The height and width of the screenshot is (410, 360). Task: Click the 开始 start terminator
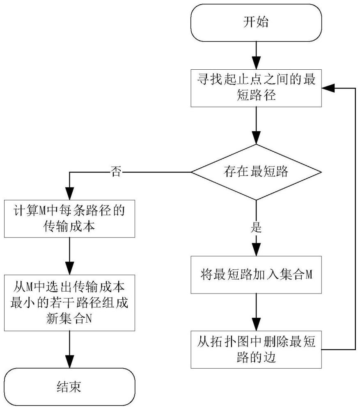point(256,22)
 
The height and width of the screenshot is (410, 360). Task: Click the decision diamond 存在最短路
point(256,172)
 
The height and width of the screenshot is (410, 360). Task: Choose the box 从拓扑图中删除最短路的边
point(256,350)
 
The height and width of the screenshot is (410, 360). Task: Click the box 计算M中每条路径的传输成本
point(69,218)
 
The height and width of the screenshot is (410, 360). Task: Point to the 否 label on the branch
point(116,172)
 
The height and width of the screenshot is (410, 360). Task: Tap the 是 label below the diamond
point(256,228)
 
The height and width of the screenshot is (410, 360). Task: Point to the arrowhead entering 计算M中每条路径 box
point(69,194)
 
